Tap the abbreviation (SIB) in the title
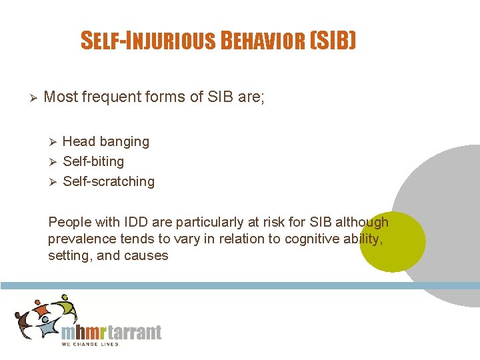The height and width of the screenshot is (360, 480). tap(333, 41)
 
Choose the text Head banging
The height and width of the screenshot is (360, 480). tap(105, 141)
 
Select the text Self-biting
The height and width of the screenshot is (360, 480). tap(93, 161)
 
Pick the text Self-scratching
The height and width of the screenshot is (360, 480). tap(108, 181)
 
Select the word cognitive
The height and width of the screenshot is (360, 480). tap(311, 239)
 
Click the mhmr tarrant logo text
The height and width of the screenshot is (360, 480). tap(111, 331)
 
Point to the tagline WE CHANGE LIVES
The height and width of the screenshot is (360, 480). tap(89, 344)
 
